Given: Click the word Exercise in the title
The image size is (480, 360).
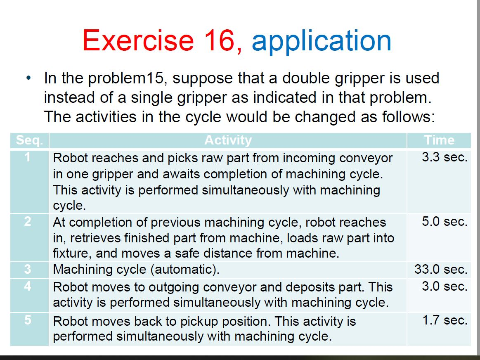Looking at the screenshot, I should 138,40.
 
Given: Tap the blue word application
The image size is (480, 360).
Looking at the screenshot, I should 321,41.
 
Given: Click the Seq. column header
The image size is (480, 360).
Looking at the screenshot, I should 29,140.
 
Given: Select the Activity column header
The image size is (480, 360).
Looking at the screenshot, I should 228,140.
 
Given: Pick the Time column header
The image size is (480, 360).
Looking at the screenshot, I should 439,140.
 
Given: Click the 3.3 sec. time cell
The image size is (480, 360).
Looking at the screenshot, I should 444,157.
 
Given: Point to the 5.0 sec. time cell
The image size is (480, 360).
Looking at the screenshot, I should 444,222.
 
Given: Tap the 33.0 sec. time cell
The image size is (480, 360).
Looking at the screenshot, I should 441,270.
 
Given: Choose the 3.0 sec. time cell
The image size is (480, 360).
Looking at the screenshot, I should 444,286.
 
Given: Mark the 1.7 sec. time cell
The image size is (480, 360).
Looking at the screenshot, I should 445,320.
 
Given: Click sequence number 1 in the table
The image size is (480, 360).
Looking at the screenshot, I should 28,157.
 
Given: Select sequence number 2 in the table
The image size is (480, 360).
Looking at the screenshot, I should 28,222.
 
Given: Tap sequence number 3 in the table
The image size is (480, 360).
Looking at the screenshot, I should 28,270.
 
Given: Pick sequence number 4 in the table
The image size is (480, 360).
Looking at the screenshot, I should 28,286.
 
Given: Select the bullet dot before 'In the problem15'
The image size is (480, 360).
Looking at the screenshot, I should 28,78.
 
